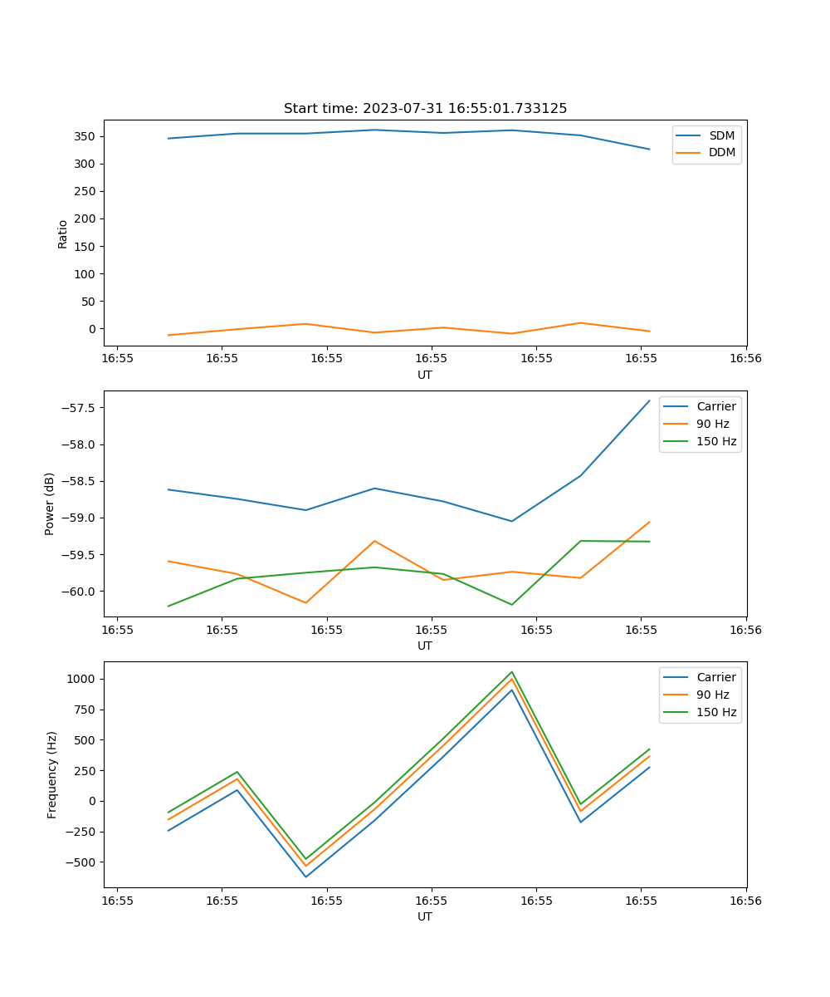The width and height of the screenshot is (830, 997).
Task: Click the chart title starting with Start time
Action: [x=425, y=109]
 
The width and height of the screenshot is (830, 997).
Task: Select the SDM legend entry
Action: [x=721, y=135]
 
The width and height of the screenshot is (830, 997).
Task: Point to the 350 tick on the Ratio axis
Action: [x=87, y=136]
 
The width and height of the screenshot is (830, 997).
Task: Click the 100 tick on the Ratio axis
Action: [x=87, y=274]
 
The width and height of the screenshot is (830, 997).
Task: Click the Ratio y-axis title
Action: [x=63, y=234]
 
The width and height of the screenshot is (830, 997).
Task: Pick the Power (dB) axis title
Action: [x=50, y=503]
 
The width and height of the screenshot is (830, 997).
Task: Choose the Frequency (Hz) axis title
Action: [x=52, y=774]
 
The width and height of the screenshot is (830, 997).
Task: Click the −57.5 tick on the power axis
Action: [x=81, y=408]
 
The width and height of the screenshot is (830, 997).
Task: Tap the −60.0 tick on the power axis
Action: [x=81, y=592]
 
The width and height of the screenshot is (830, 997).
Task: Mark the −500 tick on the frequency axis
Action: [x=83, y=862]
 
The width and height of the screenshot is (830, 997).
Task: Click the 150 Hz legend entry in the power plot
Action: [x=716, y=441]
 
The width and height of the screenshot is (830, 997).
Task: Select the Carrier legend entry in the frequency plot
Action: [x=715, y=677]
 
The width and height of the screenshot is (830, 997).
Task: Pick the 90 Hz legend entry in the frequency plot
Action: [x=712, y=695]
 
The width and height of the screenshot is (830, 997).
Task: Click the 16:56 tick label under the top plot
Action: [x=745, y=359]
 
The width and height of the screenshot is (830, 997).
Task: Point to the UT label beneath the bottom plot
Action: [x=425, y=916]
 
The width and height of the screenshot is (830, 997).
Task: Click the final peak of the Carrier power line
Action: [x=650, y=400]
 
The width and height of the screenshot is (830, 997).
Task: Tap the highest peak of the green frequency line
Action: [x=511, y=672]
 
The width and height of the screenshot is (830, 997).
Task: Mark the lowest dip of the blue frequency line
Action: [x=305, y=877]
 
